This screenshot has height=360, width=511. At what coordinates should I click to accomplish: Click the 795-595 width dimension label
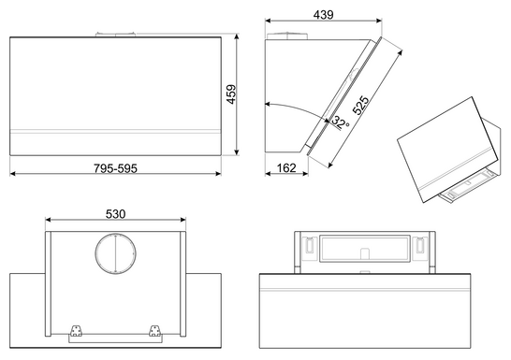coord(116,168)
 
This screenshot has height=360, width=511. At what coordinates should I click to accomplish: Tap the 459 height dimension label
coord(231,94)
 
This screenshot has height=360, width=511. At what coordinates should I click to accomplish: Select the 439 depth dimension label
coord(323,15)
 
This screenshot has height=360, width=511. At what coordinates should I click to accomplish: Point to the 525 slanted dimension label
coord(360,106)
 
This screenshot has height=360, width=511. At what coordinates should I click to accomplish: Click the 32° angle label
coord(341,123)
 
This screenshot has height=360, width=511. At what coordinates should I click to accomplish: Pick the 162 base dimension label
coord(286,168)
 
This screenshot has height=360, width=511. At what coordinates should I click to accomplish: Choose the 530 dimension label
coord(115,214)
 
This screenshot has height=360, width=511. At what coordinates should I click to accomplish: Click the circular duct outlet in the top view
coord(115,252)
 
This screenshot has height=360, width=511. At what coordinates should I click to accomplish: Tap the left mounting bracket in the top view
coord(75,330)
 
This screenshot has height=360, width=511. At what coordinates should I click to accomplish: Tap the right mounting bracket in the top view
coord(154,330)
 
